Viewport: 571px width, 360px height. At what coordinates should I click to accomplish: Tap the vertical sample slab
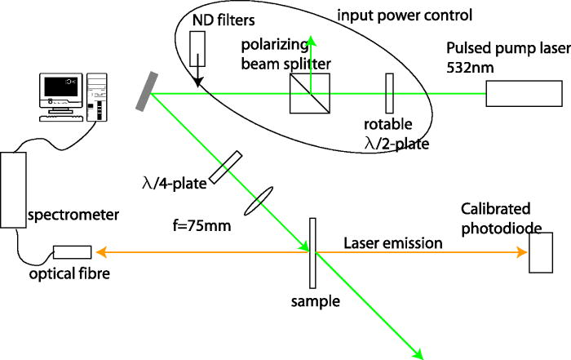pyautogui.click(x=312, y=252)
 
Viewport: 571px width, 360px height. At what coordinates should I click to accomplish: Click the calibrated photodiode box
pyautogui.click(x=540, y=252)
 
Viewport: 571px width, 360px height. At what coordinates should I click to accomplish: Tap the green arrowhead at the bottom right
pyautogui.click(x=419, y=355)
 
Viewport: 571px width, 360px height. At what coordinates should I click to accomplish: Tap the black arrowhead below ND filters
pyautogui.click(x=197, y=79)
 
